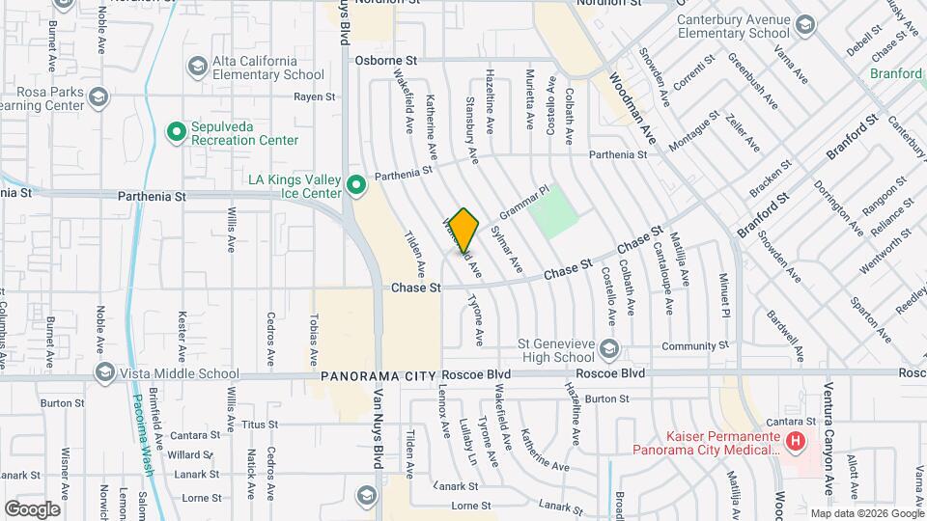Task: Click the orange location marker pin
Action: tap(464, 231)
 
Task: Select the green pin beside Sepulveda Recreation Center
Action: tap(176, 132)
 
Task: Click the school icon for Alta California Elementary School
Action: tap(198, 67)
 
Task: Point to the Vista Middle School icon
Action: tap(104, 373)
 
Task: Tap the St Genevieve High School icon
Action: tap(608, 346)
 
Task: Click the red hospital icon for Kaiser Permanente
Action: tap(795, 441)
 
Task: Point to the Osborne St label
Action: tap(384, 60)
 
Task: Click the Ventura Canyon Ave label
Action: tap(829, 425)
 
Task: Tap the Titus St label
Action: tap(259, 425)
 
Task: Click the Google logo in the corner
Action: tap(32, 508)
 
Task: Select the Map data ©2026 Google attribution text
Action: tap(866, 513)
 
